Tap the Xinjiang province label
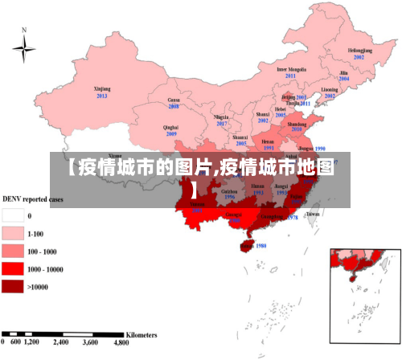[x=101, y=88]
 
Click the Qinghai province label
[x=170, y=127]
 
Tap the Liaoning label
[x=330, y=89]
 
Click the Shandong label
[x=297, y=125]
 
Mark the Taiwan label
[x=313, y=214]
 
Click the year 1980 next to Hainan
[x=260, y=246]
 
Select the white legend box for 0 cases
[x=13, y=215]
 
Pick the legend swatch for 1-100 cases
[x=13, y=233]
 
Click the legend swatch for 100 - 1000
[x=13, y=251]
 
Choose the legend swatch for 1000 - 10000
[x=13, y=268]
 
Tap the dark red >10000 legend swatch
[x=13, y=286]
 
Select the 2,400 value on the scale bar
[x=60, y=342]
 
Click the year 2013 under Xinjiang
[x=101, y=96]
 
